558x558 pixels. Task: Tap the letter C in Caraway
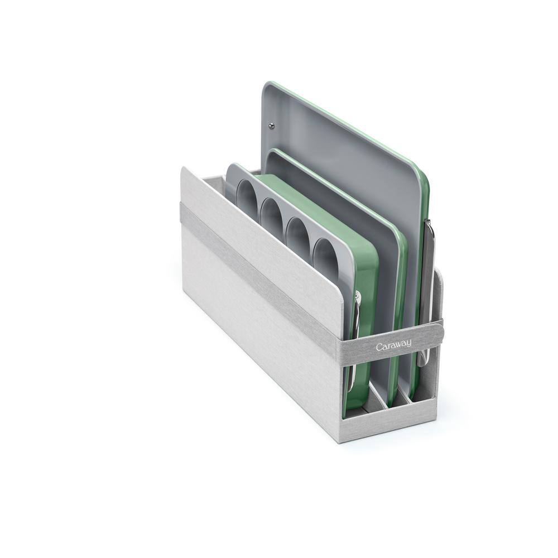[379, 348]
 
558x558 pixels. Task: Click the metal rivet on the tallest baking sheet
[272, 124]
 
